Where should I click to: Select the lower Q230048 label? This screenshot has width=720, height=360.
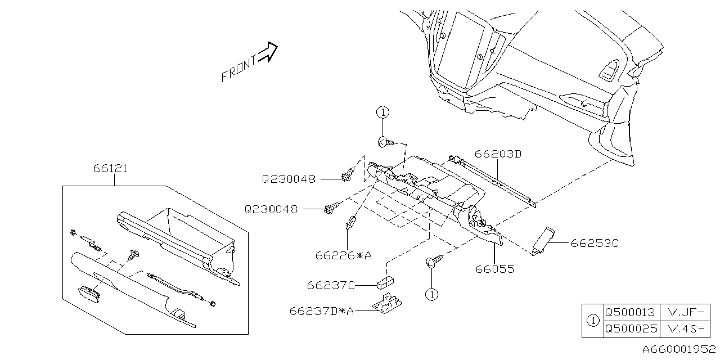[271, 209]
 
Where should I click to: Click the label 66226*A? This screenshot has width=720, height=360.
[344, 256]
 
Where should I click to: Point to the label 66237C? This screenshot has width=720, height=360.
[331, 285]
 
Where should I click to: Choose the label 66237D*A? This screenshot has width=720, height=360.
[322, 310]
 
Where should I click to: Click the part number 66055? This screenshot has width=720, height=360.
[495, 269]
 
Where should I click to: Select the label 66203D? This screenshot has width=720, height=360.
[498, 153]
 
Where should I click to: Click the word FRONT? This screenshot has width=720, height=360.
[238, 68]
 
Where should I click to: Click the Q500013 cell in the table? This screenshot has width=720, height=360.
[629, 310]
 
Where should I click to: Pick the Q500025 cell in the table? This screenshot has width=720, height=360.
[629, 328]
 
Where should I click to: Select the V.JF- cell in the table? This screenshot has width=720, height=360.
[685, 310]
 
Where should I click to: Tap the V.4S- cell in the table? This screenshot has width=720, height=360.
[685, 328]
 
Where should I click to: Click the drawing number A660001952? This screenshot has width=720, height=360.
[679, 349]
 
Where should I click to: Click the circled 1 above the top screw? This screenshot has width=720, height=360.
[382, 112]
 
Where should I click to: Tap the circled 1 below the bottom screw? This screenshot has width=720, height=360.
[431, 294]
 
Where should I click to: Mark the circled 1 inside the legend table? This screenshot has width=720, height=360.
[592, 319]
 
